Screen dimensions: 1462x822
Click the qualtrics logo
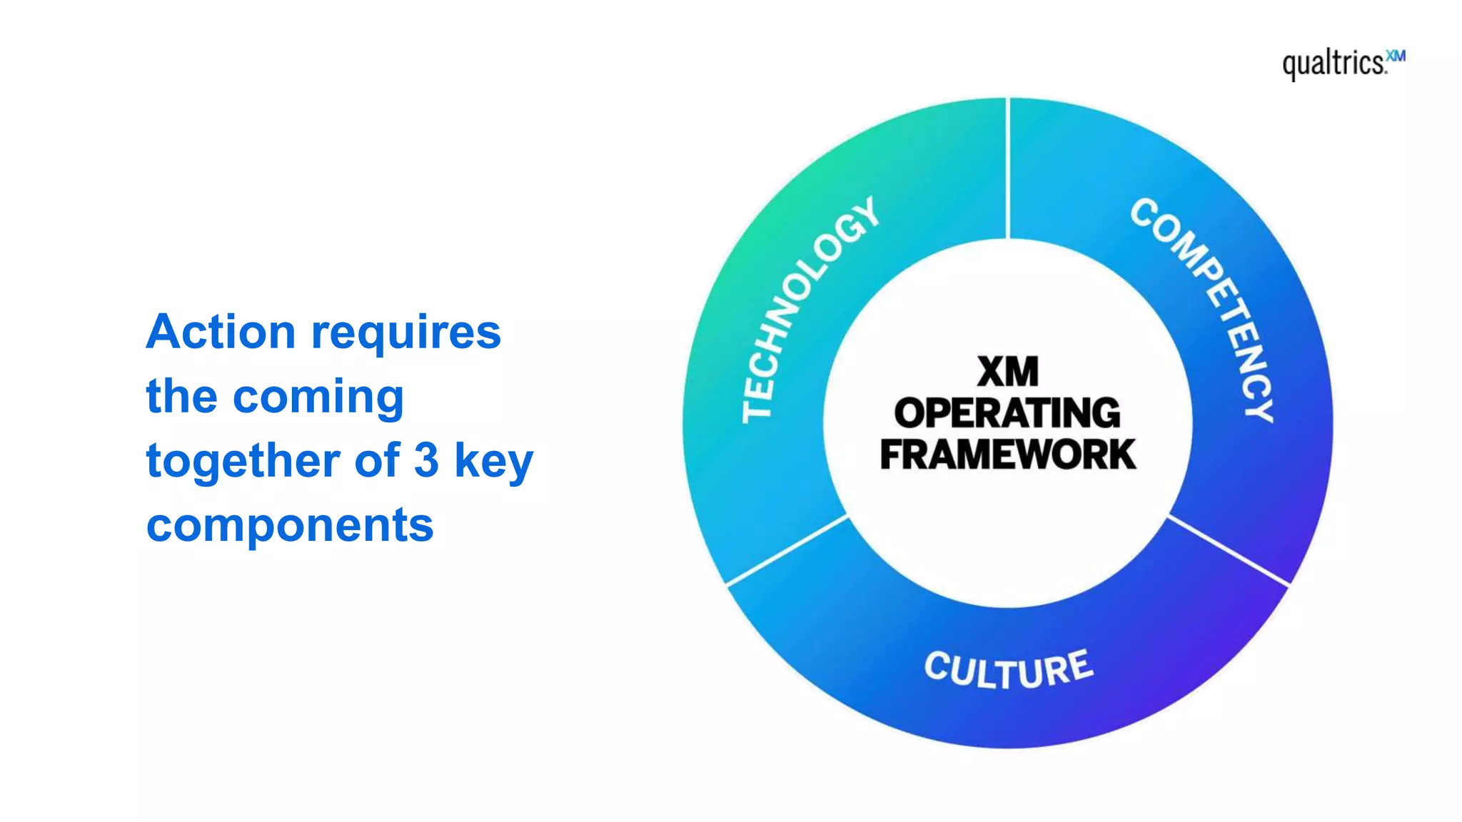[x=1334, y=64]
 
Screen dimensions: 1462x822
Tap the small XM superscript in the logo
[x=1396, y=56]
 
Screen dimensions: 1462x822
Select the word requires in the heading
[x=406, y=334]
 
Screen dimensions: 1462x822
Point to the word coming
[x=318, y=398]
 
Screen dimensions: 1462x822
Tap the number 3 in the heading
[x=426, y=460]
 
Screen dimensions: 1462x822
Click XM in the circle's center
[x=1007, y=372]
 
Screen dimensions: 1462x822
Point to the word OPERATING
[x=1007, y=413]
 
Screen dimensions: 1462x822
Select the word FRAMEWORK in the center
[x=1007, y=455]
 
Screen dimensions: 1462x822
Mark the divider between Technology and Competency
[x=1007, y=168]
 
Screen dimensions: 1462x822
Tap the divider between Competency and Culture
[x=1229, y=550]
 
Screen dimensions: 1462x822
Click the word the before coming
[x=181, y=397]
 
